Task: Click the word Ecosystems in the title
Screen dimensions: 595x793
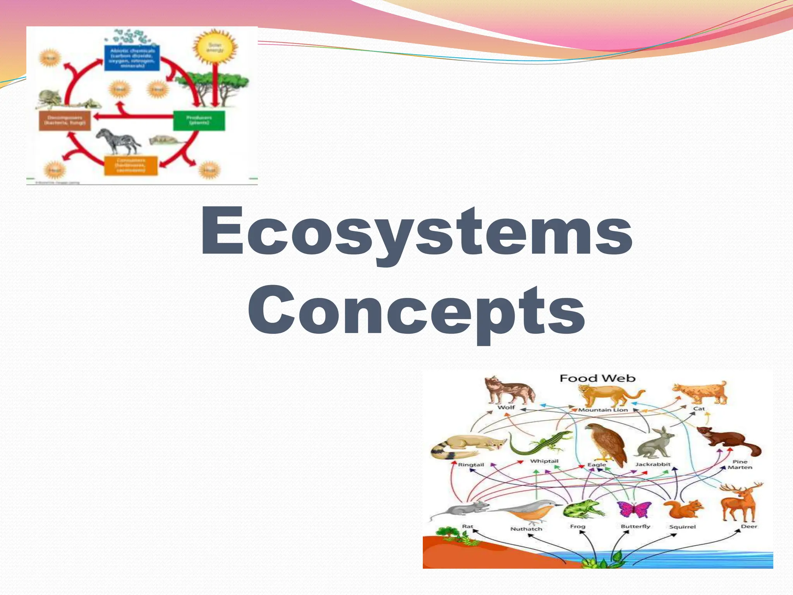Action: [417, 232]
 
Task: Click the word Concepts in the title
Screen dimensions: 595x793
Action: [417, 310]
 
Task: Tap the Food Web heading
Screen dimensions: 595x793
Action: [597, 378]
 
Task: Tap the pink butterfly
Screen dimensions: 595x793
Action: [634, 509]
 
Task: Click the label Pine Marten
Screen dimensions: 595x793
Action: [740, 464]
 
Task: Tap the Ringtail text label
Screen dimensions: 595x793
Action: [471, 464]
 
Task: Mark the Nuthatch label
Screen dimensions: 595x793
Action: [526, 529]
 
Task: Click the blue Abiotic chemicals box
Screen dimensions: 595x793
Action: [132, 58]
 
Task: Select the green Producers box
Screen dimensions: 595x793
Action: [199, 120]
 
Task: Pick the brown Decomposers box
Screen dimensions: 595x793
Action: [65, 120]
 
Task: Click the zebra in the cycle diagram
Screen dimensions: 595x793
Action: [118, 141]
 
